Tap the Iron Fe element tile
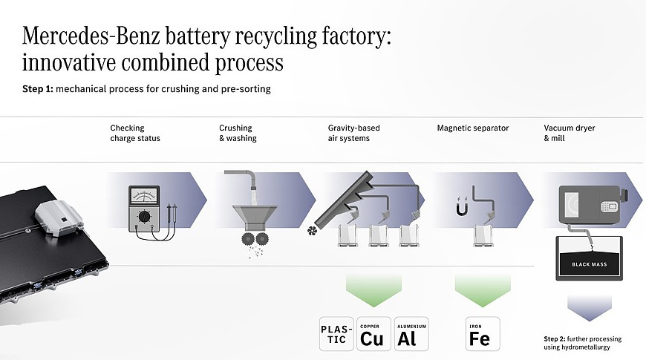tap(483, 334)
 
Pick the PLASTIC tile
tap(336, 334)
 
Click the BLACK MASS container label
tap(589, 264)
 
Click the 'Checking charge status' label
tap(135, 133)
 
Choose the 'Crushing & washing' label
tap(238, 133)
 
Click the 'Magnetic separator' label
tap(472, 128)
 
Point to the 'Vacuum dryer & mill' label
tap(570, 133)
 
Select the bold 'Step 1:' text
tap(39, 89)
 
